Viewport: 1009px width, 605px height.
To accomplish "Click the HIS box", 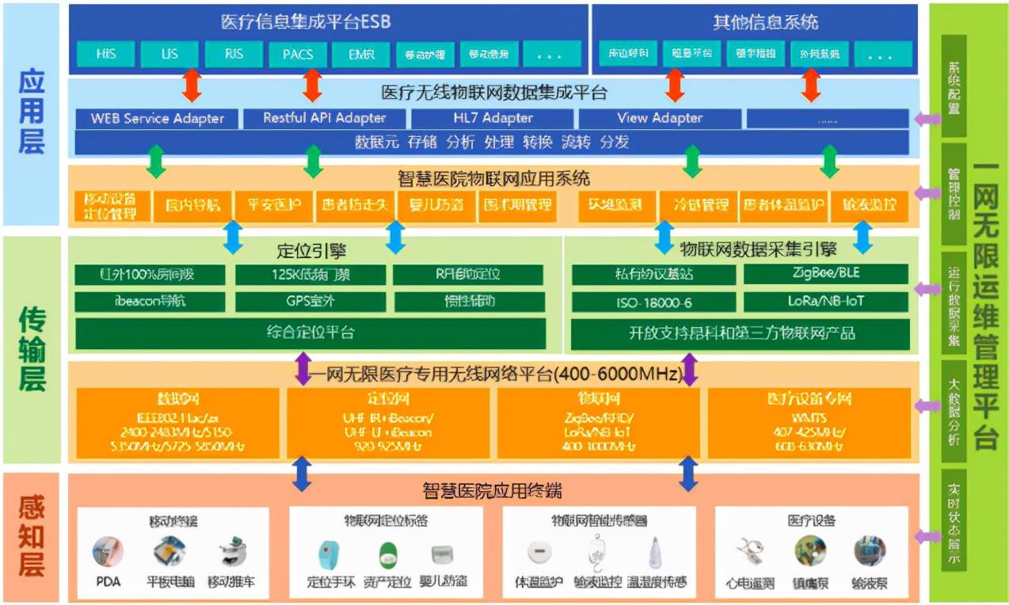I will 105,55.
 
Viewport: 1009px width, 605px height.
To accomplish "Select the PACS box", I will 297,55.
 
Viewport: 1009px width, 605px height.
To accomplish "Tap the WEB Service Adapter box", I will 157,119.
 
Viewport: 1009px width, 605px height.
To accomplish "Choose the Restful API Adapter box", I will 325,119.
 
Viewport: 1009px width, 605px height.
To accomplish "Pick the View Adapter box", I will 660,119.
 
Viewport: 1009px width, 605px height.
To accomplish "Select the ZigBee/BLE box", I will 824,274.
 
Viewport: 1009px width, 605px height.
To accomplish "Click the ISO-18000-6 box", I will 654,302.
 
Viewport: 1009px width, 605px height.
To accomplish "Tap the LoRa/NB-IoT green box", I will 824,302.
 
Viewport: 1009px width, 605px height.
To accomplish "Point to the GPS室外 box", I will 310,302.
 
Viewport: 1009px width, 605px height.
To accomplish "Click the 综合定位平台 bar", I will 310,333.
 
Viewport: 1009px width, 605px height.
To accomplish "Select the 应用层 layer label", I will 32,113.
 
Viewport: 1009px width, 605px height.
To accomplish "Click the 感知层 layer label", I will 32,537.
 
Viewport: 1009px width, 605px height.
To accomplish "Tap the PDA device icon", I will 108,552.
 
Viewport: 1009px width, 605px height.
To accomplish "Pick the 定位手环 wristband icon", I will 328,553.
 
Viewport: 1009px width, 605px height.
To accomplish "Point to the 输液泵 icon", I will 870,551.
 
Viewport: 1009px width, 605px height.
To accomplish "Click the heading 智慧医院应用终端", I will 493,490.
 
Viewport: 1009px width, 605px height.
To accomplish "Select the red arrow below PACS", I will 312,85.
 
